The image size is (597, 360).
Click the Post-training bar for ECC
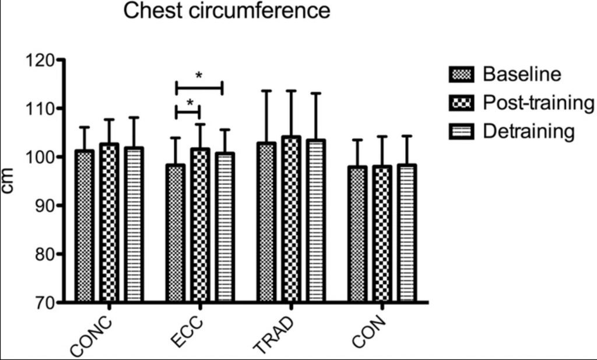[x=199, y=225]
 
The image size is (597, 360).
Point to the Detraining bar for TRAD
[x=315, y=221]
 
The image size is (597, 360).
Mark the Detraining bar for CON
[x=407, y=233]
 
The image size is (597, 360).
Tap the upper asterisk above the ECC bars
[x=199, y=76]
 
